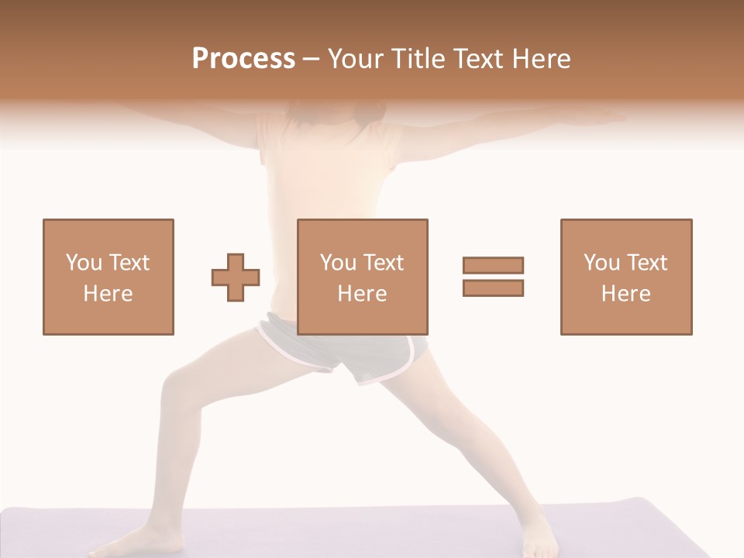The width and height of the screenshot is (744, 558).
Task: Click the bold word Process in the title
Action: click(243, 59)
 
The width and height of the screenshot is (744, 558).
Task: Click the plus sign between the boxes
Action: click(236, 277)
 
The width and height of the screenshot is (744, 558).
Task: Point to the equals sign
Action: click(493, 277)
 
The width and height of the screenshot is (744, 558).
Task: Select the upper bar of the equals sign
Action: click(493, 265)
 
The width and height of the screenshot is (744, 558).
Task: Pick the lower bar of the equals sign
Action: click(493, 288)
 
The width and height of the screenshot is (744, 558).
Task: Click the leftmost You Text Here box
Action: click(108, 277)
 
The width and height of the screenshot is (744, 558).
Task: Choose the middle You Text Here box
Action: click(362, 277)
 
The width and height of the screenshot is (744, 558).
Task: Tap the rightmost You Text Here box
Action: click(625, 277)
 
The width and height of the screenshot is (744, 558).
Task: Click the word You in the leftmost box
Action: click(82, 263)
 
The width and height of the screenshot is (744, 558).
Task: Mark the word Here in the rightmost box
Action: click(625, 294)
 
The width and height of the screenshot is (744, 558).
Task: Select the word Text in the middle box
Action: click(383, 263)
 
